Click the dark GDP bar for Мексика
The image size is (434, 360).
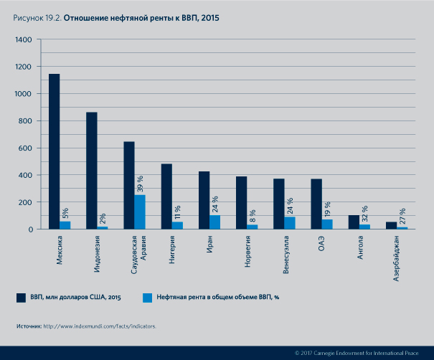pos(55,151)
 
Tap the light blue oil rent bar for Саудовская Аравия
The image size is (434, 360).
pos(140,212)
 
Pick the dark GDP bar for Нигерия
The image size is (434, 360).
pos(166,196)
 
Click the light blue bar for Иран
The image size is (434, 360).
pos(214,222)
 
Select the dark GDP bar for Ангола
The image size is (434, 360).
pos(354,222)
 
